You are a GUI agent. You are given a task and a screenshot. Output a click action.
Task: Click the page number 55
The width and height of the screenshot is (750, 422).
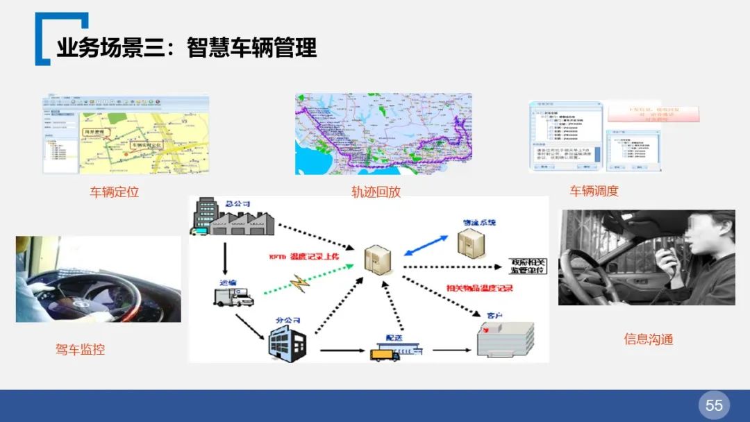click(714, 405)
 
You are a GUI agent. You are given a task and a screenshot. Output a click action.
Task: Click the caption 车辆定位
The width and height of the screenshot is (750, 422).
click(115, 192)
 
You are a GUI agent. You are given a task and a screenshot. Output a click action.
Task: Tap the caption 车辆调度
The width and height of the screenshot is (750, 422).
click(594, 191)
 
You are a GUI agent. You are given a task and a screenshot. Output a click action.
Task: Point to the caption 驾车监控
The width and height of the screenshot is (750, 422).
click(81, 349)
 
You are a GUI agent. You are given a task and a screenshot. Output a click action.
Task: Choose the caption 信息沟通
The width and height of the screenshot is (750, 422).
click(648, 339)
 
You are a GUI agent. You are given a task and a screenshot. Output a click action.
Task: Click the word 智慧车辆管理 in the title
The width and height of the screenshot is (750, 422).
click(251, 48)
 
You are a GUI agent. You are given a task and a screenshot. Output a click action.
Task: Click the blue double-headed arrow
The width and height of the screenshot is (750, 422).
click(426, 246)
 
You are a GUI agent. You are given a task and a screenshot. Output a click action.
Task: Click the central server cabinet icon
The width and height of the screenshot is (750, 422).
click(378, 260)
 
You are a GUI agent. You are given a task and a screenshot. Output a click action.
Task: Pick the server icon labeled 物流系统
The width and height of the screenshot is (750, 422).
click(470, 242)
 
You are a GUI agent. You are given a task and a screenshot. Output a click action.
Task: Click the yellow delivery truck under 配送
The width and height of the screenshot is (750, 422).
click(385, 353)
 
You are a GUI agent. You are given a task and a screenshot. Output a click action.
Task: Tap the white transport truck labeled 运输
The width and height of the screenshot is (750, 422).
click(233, 297)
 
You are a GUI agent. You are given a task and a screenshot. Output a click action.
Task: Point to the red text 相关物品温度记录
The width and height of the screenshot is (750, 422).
click(479, 287)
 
